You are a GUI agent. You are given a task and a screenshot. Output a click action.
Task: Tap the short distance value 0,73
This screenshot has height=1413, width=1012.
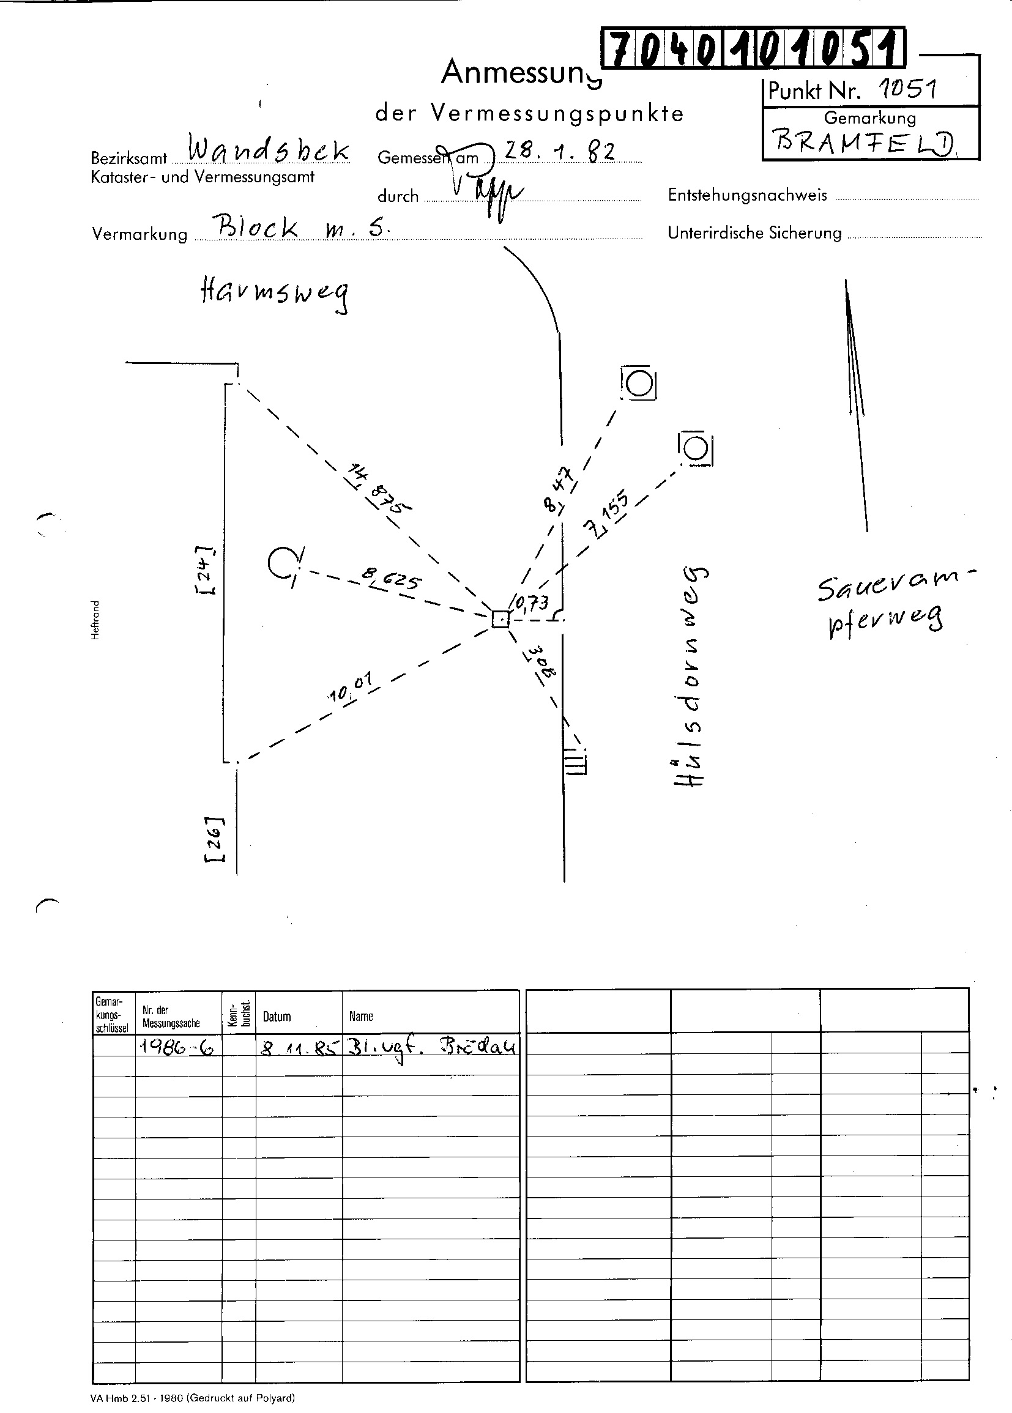[x=532, y=603]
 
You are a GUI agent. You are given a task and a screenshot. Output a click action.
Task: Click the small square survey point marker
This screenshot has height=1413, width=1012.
[x=500, y=619]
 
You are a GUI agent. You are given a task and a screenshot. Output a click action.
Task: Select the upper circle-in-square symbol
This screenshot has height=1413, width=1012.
[x=639, y=382]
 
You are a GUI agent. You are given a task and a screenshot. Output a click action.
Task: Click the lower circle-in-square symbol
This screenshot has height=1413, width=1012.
[x=696, y=448]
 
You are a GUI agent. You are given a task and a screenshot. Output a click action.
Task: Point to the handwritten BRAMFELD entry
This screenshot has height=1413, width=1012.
[x=865, y=143]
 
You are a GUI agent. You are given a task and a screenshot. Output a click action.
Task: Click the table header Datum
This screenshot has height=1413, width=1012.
[x=277, y=1017]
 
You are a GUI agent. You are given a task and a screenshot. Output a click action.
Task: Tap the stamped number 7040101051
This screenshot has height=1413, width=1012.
[x=753, y=48]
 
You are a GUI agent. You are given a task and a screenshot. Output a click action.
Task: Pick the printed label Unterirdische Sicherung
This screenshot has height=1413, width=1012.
[x=754, y=233]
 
